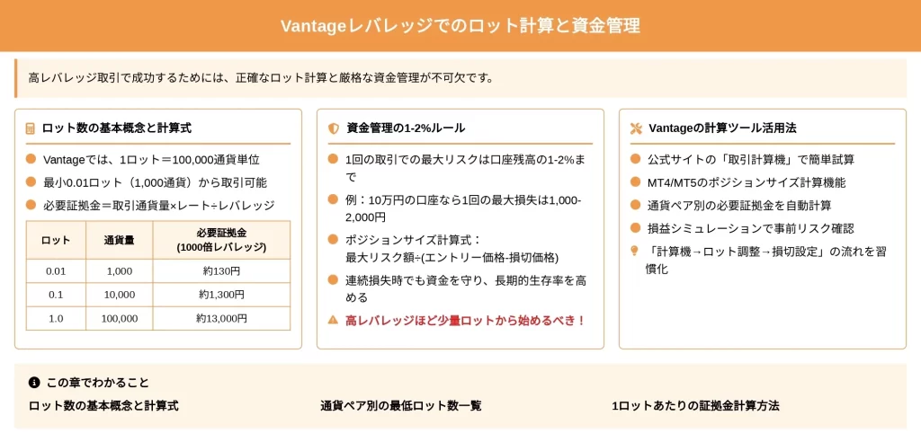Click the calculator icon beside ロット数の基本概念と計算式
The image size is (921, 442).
click(x=31, y=128)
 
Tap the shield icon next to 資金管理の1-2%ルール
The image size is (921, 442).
click(x=334, y=128)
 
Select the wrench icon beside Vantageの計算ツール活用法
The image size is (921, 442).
click(x=636, y=128)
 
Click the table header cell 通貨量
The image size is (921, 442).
click(x=120, y=240)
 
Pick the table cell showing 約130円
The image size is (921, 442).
click(x=221, y=271)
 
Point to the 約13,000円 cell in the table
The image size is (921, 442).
click(x=221, y=318)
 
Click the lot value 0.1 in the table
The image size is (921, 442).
click(x=56, y=295)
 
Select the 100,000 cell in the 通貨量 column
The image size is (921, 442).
click(x=120, y=318)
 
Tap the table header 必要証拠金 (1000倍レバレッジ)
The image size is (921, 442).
click(x=221, y=240)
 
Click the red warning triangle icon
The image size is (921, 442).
click(x=333, y=320)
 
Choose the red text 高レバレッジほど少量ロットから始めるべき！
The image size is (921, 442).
click(x=466, y=321)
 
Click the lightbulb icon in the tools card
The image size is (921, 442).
click(x=634, y=251)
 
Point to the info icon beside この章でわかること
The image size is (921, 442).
click(x=34, y=383)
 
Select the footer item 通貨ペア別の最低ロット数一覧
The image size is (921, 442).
click(x=401, y=405)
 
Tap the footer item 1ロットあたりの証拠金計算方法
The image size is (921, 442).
click(x=695, y=405)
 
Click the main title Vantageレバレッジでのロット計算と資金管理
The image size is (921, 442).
click(x=460, y=26)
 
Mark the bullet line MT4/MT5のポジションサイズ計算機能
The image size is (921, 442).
click(x=747, y=182)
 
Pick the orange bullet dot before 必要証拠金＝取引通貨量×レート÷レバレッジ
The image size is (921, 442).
click(x=31, y=205)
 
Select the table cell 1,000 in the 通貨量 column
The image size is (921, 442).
click(x=120, y=271)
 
